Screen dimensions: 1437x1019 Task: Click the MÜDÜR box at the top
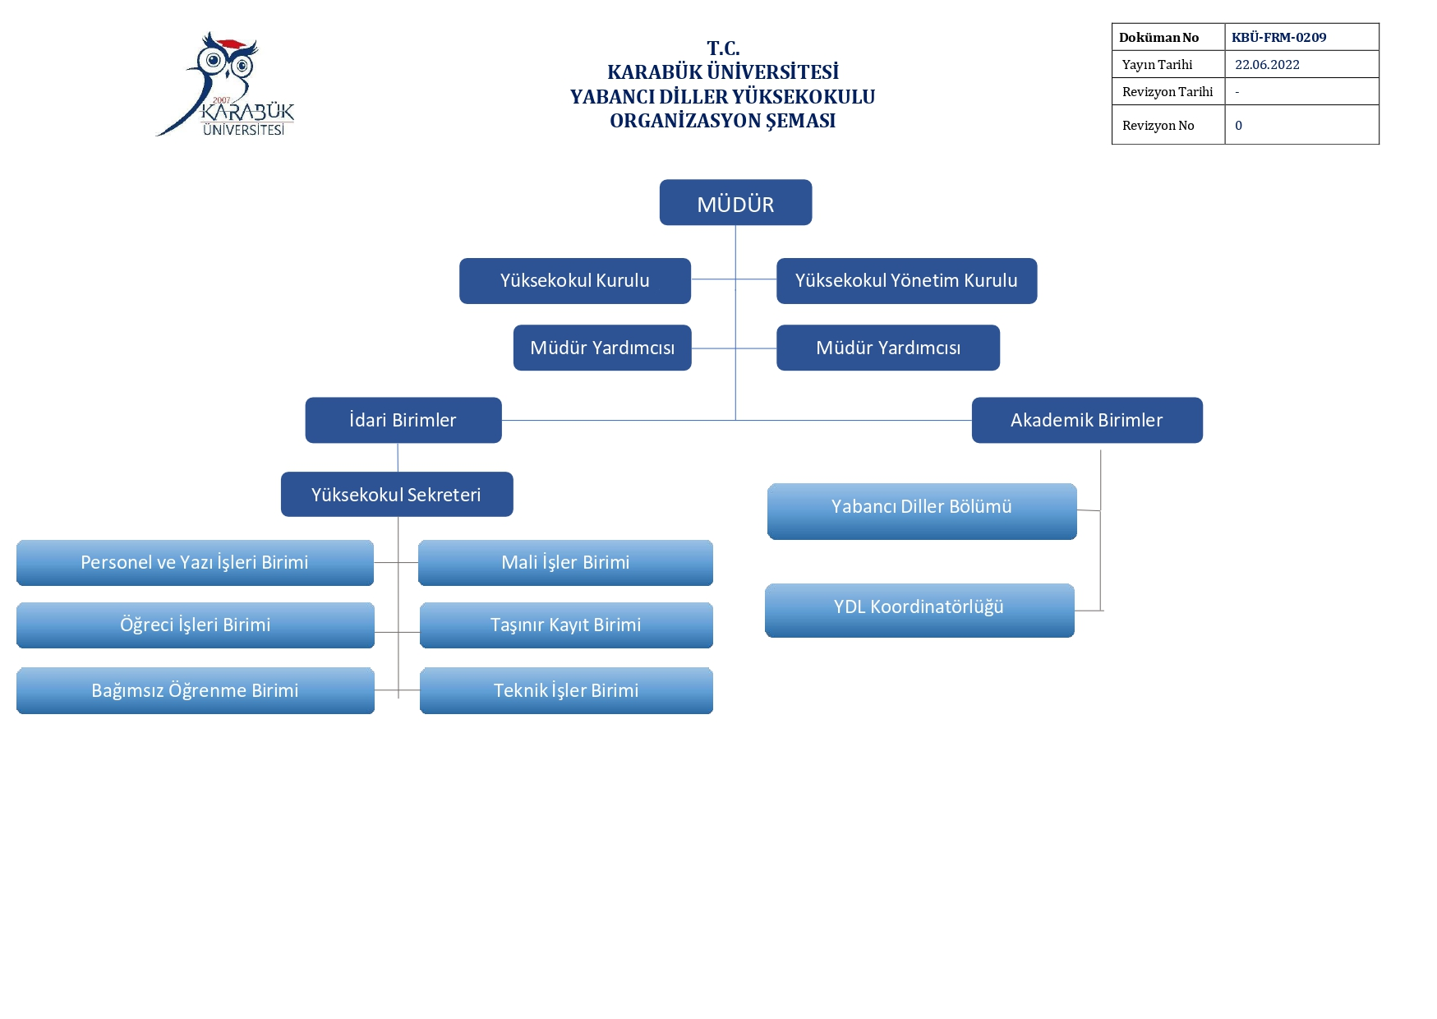735,202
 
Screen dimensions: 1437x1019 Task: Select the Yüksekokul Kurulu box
575,281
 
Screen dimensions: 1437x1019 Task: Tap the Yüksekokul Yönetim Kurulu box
906,281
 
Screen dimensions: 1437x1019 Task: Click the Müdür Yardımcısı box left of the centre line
602,348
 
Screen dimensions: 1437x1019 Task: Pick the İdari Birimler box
403,420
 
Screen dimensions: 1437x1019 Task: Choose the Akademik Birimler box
1087,420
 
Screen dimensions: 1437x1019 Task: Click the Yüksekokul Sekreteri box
397,494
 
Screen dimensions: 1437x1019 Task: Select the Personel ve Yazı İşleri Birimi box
195,563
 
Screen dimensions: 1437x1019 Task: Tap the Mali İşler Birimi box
565,563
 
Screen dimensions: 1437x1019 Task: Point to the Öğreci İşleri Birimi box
196,625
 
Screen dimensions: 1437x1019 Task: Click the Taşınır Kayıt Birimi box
566,625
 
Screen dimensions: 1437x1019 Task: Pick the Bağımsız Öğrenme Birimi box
196,690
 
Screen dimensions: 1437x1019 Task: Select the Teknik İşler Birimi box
566,690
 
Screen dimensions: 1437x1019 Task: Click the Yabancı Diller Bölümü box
922,511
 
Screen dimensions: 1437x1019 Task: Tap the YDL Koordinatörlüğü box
919,611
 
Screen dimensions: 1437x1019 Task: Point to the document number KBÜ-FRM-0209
1278,38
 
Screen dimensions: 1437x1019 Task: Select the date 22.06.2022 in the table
1267,65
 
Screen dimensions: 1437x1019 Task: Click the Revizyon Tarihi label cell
1168,91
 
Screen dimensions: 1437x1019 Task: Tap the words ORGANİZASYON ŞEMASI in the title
723,121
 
